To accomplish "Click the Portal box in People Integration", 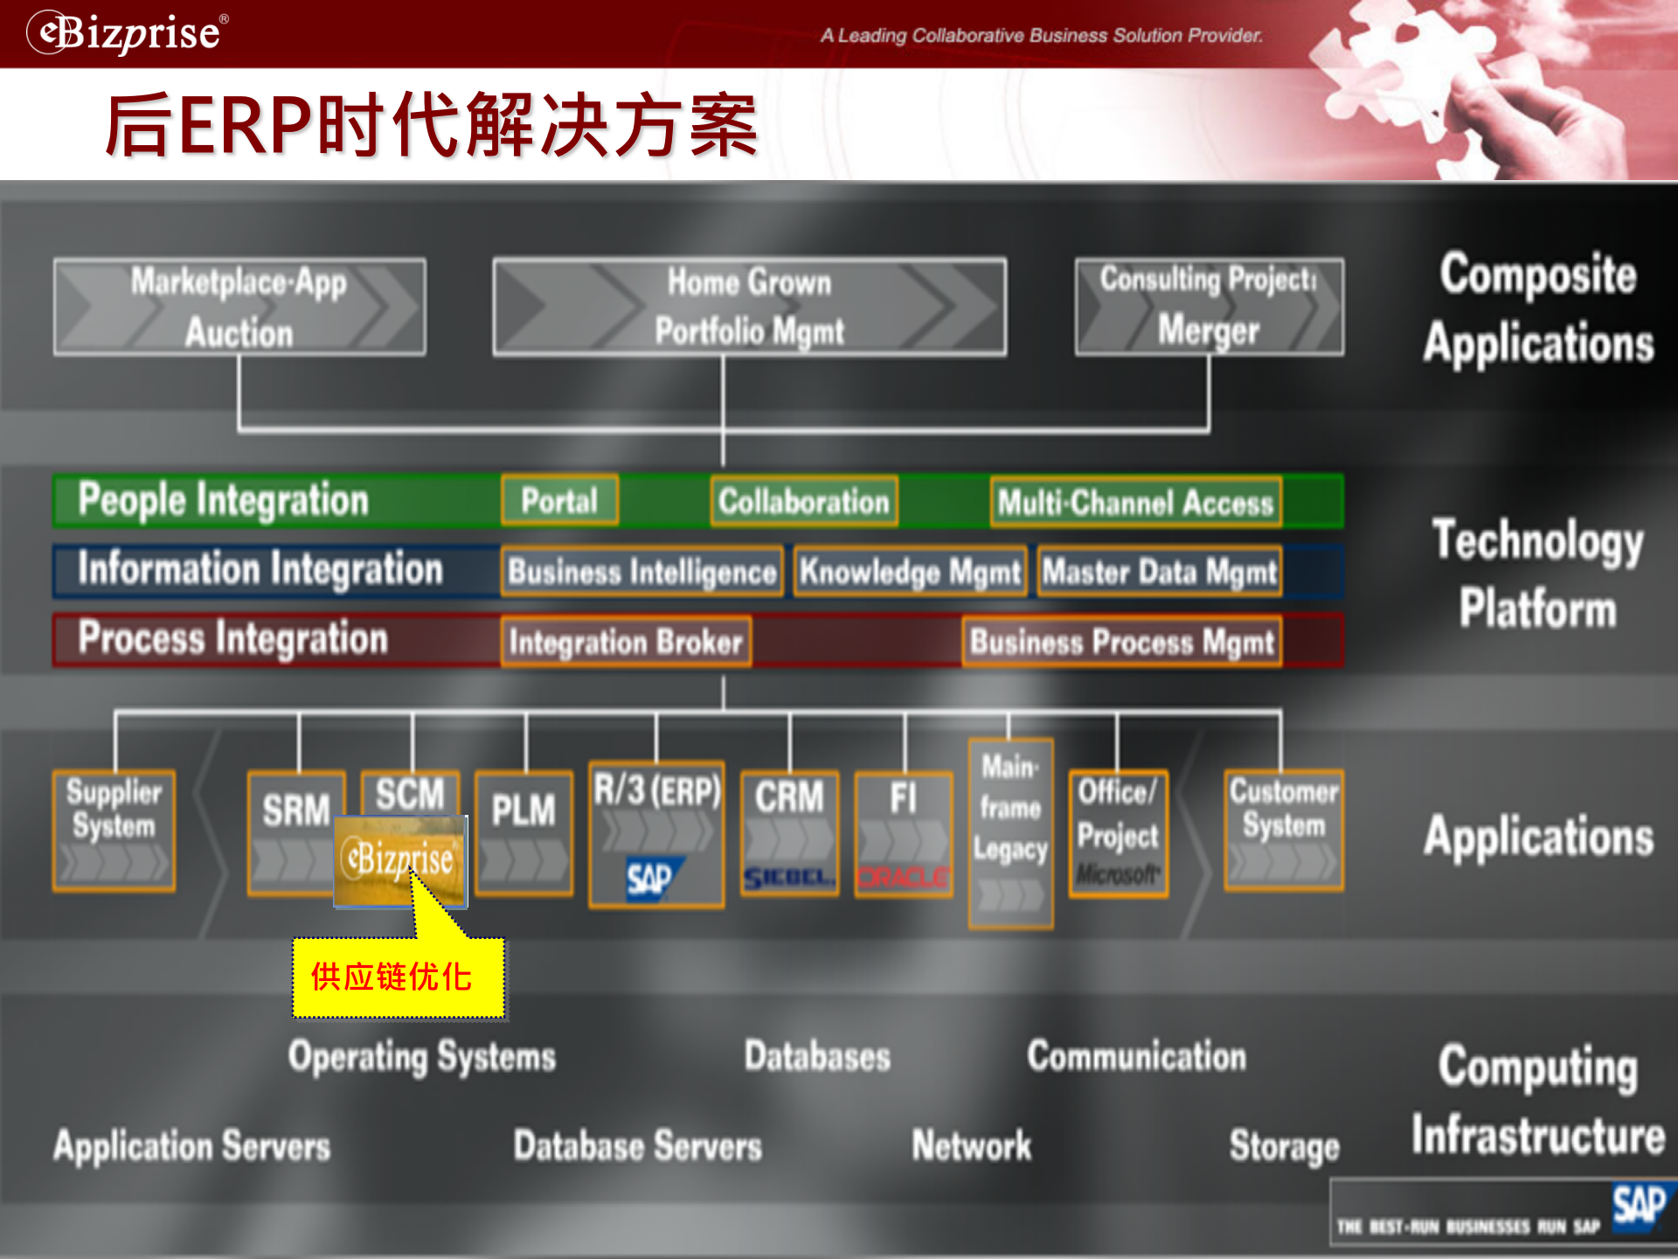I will tap(559, 500).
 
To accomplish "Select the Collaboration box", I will tap(803, 501).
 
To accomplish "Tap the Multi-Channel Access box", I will tap(1135, 502).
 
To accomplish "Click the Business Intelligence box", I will tap(641, 571).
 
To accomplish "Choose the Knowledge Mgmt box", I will tap(910, 571).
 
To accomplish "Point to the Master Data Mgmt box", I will tap(1159, 571).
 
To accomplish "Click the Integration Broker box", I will tap(626, 642).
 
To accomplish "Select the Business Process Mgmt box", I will tap(1122, 642).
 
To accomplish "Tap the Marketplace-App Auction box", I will tap(239, 307).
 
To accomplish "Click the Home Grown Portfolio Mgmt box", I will tap(749, 307).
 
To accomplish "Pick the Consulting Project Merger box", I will tap(1209, 306).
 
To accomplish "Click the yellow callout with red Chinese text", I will tap(399, 977).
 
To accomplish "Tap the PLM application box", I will tap(524, 831).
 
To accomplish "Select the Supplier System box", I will tap(114, 830).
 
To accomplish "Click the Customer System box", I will tap(1283, 830).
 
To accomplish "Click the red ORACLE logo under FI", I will tap(903, 876).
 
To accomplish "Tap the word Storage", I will tap(1284, 1145).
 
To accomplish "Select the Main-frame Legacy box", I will tap(1010, 832).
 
